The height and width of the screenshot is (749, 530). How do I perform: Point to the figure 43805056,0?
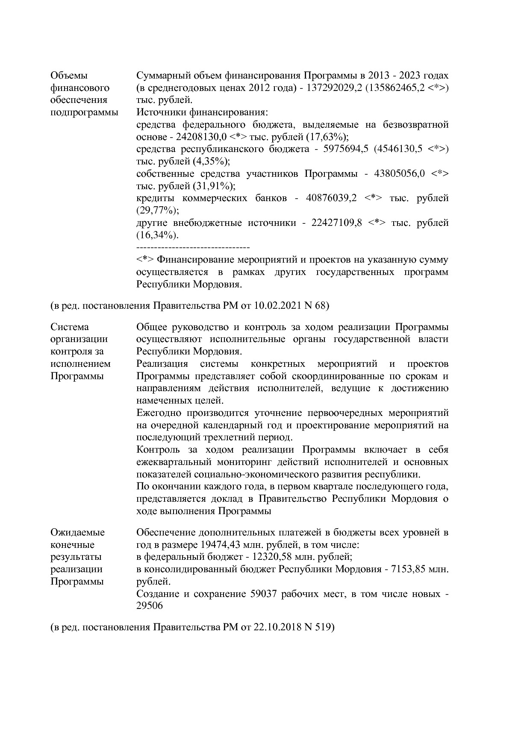point(400,174)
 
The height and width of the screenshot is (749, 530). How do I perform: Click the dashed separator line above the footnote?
point(193,248)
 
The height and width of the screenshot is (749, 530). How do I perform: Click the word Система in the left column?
point(70,327)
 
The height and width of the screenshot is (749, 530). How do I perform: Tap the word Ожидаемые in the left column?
point(77,532)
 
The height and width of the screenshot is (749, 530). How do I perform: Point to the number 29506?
point(149,606)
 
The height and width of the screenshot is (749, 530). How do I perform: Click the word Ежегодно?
point(157,413)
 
